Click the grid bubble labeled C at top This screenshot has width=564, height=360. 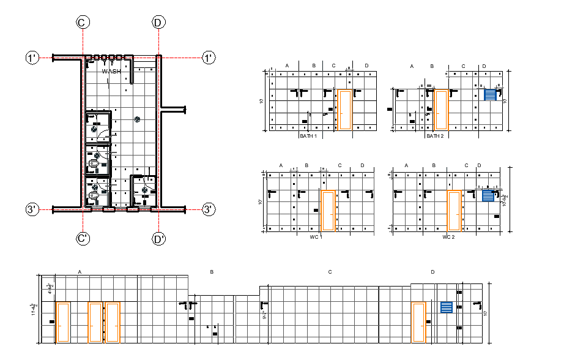tap(83, 23)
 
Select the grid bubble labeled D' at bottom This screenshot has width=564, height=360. tap(159, 239)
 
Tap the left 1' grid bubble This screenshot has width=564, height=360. tap(32, 58)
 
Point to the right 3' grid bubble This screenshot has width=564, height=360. tap(209, 209)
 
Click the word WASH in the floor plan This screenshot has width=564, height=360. tap(111, 71)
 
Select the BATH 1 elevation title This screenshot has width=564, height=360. tap(308, 136)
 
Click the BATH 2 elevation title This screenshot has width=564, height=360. tap(435, 136)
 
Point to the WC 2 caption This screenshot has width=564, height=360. tap(449, 236)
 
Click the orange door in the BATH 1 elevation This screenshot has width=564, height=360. tap(344, 110)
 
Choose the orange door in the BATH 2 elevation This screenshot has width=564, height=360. tap(440, 110)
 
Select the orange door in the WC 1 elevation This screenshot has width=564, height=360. tap(328, 211)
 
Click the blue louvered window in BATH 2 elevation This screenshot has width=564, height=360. tap(490, 94)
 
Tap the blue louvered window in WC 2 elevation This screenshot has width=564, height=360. tap(488, 195)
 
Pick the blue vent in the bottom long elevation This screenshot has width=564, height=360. tap(447, 307)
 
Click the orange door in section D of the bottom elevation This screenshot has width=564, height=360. tap(418, 322)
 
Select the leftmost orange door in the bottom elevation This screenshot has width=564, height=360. tap(63, 322)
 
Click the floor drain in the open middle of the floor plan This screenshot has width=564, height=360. tap(138, 119)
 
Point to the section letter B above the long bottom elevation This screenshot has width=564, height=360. tap(212, 272)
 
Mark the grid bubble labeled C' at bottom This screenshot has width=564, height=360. tap(83, 239)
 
